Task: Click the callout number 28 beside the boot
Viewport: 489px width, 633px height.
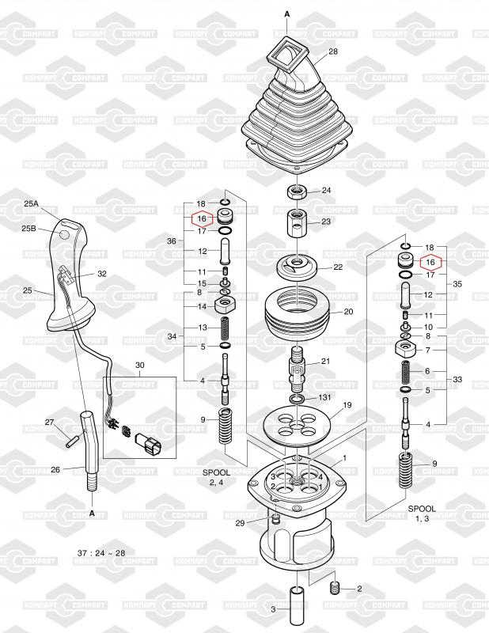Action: point(333,51)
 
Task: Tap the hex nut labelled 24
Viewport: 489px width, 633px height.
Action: point(298,191)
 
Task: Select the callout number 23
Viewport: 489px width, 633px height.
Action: point(326,222)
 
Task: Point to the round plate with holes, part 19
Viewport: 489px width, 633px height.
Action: point(297,425)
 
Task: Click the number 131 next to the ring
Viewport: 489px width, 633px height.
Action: point(324,397)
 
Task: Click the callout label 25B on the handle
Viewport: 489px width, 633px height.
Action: point(28,229)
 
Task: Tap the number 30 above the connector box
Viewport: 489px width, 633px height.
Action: point(140,365)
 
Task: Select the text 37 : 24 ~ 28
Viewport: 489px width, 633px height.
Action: point(101,552)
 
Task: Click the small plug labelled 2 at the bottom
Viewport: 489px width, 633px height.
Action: point(335,588)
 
